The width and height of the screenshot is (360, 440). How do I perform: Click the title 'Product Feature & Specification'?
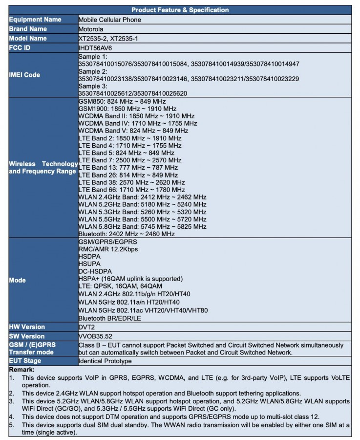tap(180, 10)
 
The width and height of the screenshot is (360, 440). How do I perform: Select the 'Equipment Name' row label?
tap(35, 20)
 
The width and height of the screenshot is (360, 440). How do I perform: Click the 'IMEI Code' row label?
tap(24, 75)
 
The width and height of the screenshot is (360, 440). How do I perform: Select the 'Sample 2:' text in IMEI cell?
tap(93, 71)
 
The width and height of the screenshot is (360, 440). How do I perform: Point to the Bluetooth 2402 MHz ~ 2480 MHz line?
tap(127, 234)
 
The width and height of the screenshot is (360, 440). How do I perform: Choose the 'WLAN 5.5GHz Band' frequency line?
tap(143, 220)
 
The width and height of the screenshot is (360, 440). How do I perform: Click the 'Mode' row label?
tap(17, 280)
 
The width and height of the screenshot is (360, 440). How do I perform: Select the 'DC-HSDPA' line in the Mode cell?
tap(95, 271)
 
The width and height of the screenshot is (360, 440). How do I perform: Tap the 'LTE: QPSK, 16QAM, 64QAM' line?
tap(120, 286)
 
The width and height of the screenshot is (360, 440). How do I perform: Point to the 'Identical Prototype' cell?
tap(105, 361)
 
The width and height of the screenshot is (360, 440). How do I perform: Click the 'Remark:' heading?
tap(22, 370)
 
